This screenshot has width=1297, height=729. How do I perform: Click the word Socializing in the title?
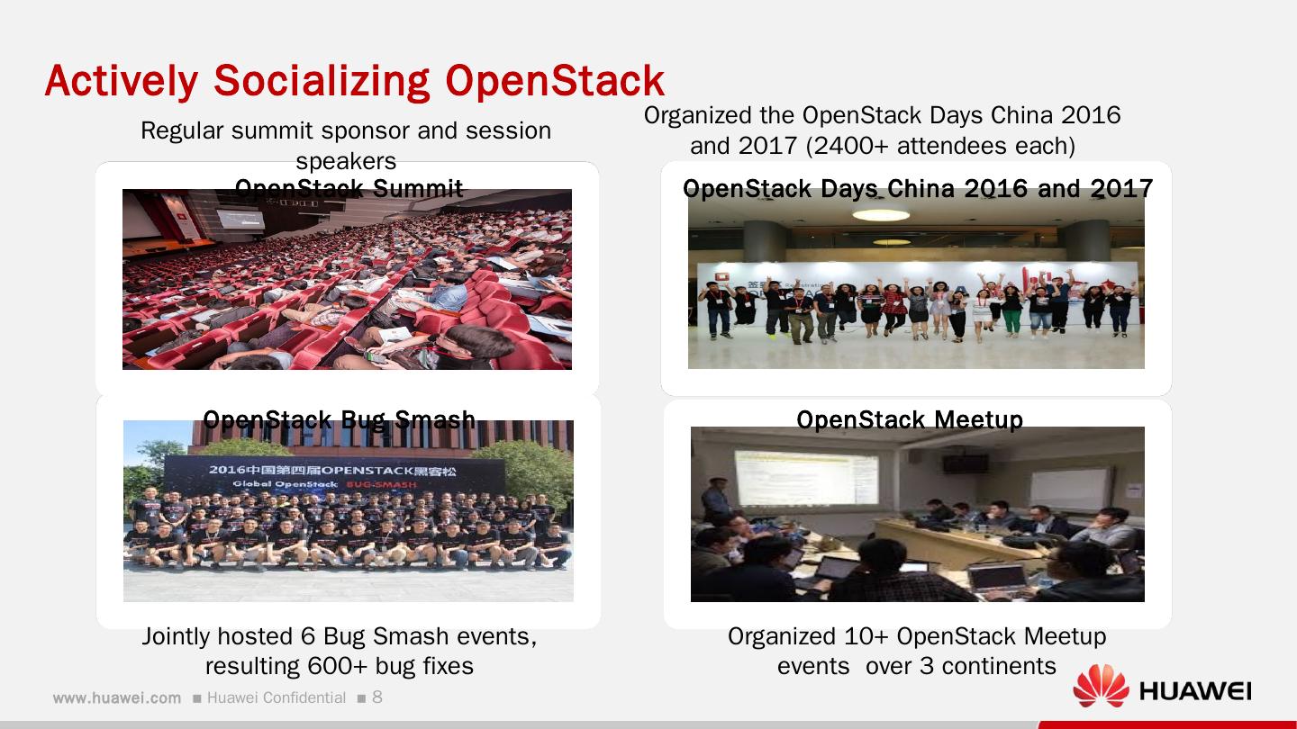click(323, 81)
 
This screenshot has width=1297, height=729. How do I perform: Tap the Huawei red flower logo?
click(1101, 686)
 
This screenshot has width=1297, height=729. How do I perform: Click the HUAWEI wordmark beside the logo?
click(1195, 691)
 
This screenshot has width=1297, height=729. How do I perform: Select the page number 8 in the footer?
click(377, 697)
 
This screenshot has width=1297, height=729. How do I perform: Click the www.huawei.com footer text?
click(117, 698)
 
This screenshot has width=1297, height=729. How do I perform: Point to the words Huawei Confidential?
click(277, 698)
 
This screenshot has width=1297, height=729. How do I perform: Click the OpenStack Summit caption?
click(349, 189)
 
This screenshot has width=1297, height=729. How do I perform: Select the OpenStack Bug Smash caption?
click(339, 420)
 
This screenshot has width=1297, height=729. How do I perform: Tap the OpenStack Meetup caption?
click(910, 420)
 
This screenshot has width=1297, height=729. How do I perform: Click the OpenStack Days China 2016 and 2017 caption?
click(917, 189)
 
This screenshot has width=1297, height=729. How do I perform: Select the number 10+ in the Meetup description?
click(867, 636)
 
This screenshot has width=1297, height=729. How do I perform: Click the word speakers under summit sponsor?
click(346, 162)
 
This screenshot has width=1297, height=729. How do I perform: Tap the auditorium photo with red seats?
click(347, 288)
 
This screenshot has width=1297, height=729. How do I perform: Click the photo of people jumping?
click(916, 297)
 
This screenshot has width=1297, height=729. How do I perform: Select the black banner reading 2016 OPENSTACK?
click(333, 476)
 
